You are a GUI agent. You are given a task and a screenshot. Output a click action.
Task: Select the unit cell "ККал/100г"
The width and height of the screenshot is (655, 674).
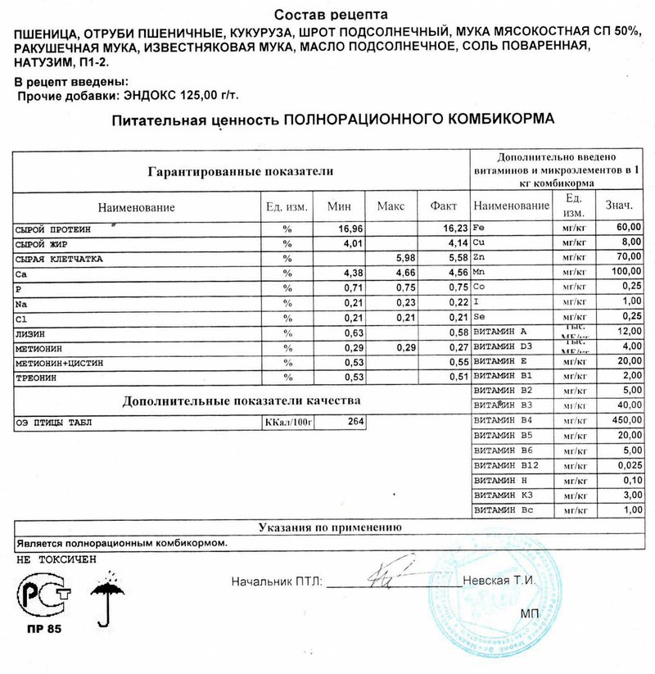click(x=289, y=423)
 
